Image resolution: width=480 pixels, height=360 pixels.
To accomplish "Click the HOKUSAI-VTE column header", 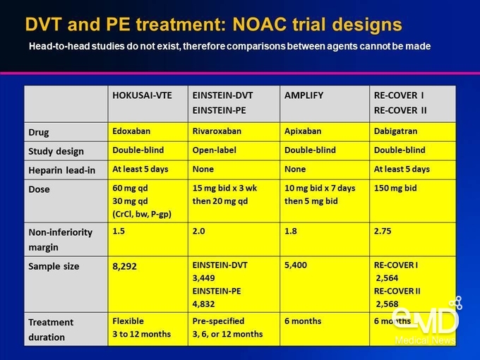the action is tap(142, 95).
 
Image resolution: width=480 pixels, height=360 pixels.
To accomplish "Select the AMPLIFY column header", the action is tap(304, 95).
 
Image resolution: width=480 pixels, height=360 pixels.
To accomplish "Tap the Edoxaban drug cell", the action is tap(131, 131).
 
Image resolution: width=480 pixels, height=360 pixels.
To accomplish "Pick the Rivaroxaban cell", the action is tap(217, 131).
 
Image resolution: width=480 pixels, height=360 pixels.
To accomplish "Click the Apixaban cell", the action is tap(303, 131).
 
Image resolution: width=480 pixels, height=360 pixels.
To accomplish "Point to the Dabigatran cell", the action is tap(395, 131).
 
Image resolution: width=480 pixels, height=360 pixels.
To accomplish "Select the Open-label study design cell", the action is tap(215, 150).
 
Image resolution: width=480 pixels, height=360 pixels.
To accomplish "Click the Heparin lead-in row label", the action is tap(62, 170).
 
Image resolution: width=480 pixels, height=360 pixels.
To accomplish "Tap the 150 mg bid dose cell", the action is tap(395, 188).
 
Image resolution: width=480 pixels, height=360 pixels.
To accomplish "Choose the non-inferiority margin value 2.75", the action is tap(383, 231).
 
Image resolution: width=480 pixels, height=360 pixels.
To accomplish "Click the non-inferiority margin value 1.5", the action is tap(119, 231).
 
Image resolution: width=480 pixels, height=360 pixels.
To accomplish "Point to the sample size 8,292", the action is tap(124, 266).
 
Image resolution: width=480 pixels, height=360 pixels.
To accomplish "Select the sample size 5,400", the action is tap(295, 265).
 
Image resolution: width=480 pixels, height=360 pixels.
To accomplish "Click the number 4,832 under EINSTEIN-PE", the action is tap(203, 304).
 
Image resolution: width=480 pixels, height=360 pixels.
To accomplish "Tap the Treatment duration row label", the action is tap(51, 330).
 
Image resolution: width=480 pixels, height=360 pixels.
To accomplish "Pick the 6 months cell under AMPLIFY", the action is tap(303, 321).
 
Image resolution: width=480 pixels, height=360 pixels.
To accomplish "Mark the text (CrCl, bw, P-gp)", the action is tap(142, 215).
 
